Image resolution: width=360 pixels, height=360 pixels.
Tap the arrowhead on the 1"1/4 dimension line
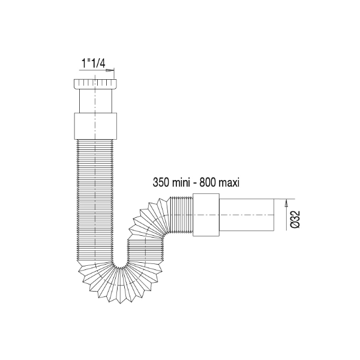[x=109, y=71]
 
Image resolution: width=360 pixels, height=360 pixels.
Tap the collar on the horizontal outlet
[x=206, y=214]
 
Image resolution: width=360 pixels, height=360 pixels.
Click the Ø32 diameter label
[x=296, y=219]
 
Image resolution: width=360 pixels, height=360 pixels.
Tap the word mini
[x=181, y=183]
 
